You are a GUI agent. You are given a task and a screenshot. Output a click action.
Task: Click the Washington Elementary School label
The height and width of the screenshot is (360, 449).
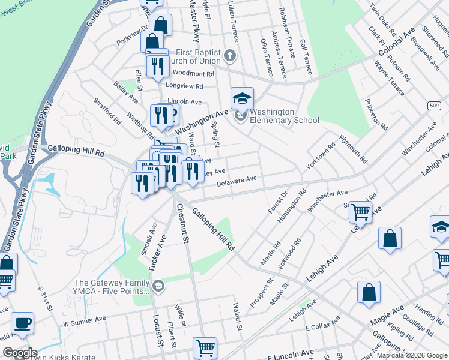pyautogui.click(x=284, y=116)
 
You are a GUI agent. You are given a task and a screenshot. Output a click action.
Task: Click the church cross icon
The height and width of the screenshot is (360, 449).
pyautogui.click(x=229, y=57)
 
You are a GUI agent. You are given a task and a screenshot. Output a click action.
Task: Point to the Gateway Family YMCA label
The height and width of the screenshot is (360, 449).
pyautogui.click(x=111, y=287)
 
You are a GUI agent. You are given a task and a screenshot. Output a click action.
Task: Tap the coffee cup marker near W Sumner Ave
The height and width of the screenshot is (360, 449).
pyautogui.click(x=23, y=323)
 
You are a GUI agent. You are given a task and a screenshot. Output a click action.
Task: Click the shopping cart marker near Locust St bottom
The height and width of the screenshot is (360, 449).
pyautogui.click(x=205, y=347)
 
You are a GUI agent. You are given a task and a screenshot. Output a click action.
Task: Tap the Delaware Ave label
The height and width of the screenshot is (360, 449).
pyautogui.click(x=237, y=179)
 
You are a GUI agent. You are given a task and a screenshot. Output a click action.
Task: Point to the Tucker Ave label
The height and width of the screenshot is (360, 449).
pyautogui.click(x=161, y=248)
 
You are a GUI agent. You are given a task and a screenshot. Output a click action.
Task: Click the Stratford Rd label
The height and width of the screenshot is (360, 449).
pyautogui.click(x=107, y=110)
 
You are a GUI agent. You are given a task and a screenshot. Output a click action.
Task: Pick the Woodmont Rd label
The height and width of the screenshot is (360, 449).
pyautogui.click(x=193, y=74)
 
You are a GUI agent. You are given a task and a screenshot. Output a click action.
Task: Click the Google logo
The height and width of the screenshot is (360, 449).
pyautogui.click(x=20, y=353)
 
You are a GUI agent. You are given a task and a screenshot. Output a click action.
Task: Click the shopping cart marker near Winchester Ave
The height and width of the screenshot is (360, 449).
pyautogui.click(x=360, y=211)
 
